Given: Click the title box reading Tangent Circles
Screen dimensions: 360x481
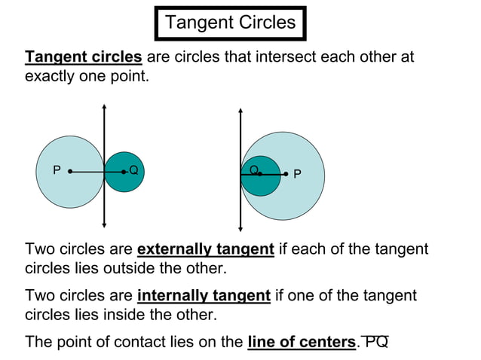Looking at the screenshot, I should (x=230, y=22).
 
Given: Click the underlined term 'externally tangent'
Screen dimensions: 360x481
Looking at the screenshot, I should (x=206, y=249).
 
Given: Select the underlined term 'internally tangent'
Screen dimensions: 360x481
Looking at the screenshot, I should (x=204, y=295).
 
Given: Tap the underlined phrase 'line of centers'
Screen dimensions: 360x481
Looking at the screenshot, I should (x=301, y=342).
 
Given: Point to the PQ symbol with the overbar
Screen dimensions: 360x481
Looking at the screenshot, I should (x=375, y=341).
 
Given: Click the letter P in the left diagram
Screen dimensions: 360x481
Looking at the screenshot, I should (x=57, y=171).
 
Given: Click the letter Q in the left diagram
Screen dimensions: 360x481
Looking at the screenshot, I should (x=133, y=171).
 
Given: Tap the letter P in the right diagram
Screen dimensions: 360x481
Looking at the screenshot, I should (x=297, y=174).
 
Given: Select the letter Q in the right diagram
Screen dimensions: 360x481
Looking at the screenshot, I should (x=253, y=169).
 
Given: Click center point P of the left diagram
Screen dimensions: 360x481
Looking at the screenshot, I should (x=70, y=172).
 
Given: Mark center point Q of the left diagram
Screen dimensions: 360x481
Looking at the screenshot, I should (x=124, y=172).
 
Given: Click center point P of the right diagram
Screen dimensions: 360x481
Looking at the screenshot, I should (x=286, y=174).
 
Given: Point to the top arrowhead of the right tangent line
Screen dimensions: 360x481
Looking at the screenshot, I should (x=240, y=111).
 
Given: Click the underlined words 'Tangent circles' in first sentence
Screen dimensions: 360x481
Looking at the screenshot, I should (x=84, y=57).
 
